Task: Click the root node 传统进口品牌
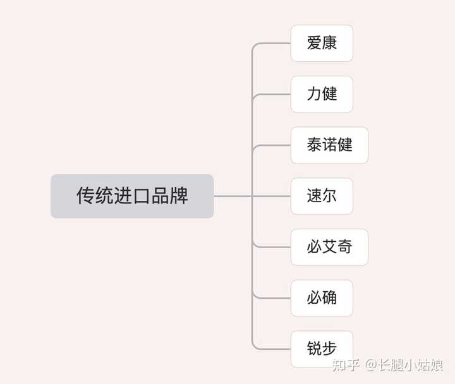coord(132,196)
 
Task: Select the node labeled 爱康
coord(322,43)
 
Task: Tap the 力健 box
coord(322,94)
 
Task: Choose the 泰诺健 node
coord(329,145)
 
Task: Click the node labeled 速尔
coord(322,196)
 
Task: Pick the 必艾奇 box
coord(329,247)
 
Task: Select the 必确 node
coord(322,297)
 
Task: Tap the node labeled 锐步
coord(322,349)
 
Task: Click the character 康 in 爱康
coord(329,43)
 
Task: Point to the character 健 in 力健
coord(329,94)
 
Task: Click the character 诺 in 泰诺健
coord(329,145)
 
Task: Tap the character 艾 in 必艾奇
coord(329,247)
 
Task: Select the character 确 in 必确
coord(329,297)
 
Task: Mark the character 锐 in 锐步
coord(314,349)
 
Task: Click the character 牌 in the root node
coord(179,196)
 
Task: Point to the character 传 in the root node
coord(85,196)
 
